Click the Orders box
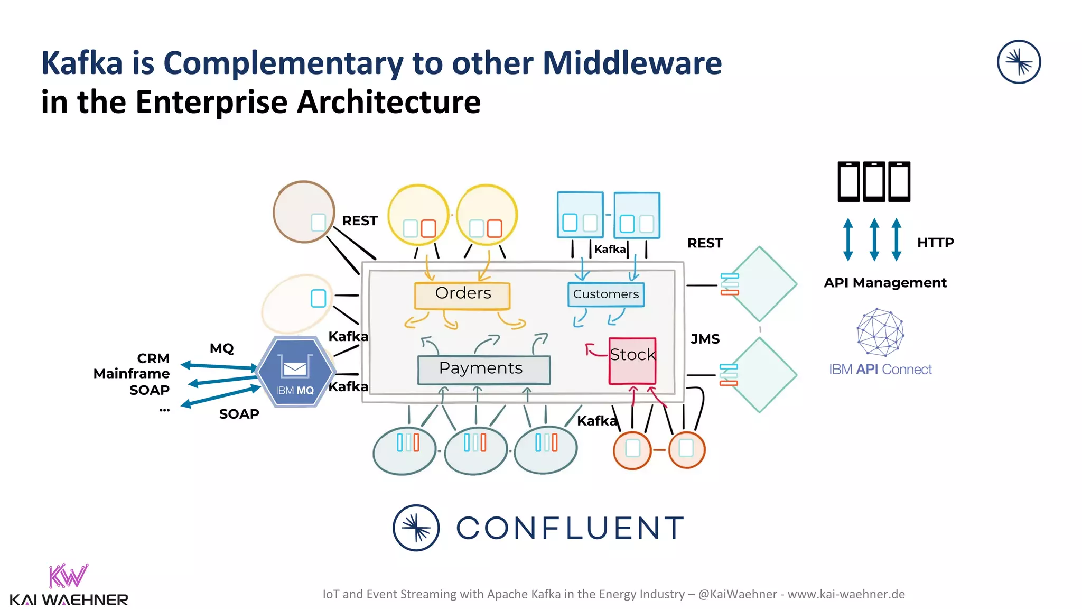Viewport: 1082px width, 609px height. pos(462,295)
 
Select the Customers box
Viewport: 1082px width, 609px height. pos(605,294)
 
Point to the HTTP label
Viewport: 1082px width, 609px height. pos(935,243)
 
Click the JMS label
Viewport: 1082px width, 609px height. pos(705,339)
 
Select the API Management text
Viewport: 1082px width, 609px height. pos(885,283)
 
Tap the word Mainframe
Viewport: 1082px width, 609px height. pos(132,374)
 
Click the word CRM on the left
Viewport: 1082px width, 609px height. pos(153,358)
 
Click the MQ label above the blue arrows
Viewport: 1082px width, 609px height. pos(221,348)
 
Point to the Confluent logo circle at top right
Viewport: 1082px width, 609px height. pos(1019,62)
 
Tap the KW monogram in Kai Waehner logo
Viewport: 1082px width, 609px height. pos(68,576)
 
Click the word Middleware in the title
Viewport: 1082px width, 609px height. pos(632,63)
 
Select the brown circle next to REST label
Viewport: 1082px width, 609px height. pos(303,212)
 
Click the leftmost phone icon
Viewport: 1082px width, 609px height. pos(849,182)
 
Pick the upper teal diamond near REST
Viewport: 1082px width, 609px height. pos(760,284)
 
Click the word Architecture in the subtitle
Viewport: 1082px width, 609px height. pos(388,102)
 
